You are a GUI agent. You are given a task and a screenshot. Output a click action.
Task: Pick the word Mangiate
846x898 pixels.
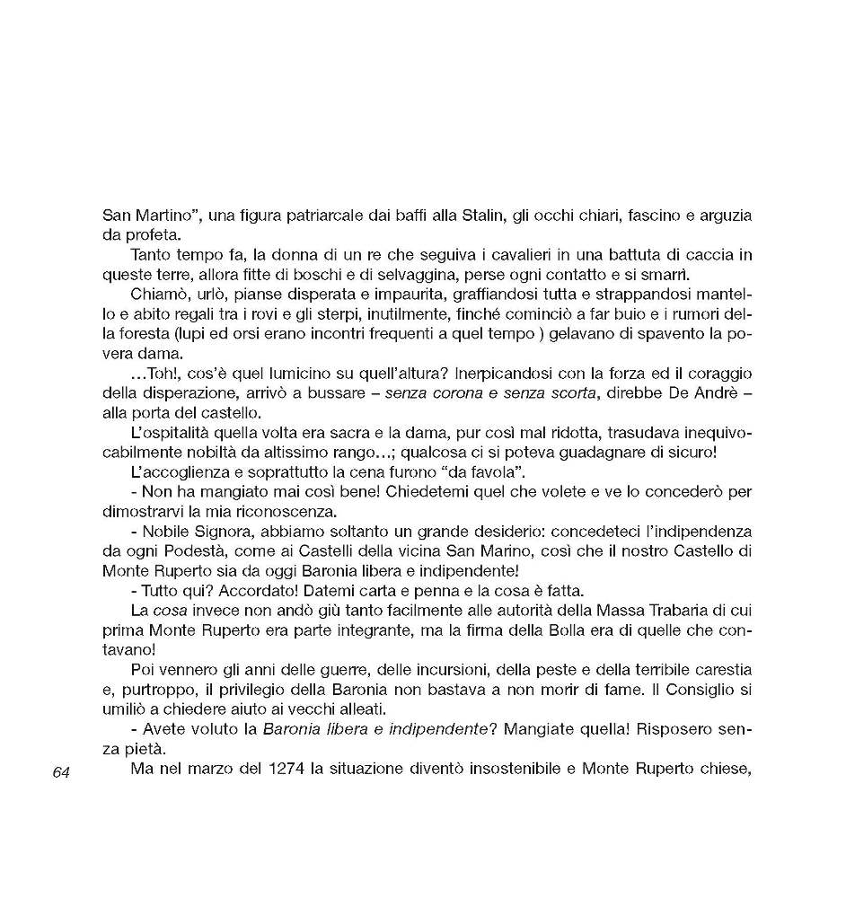point(543,730)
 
